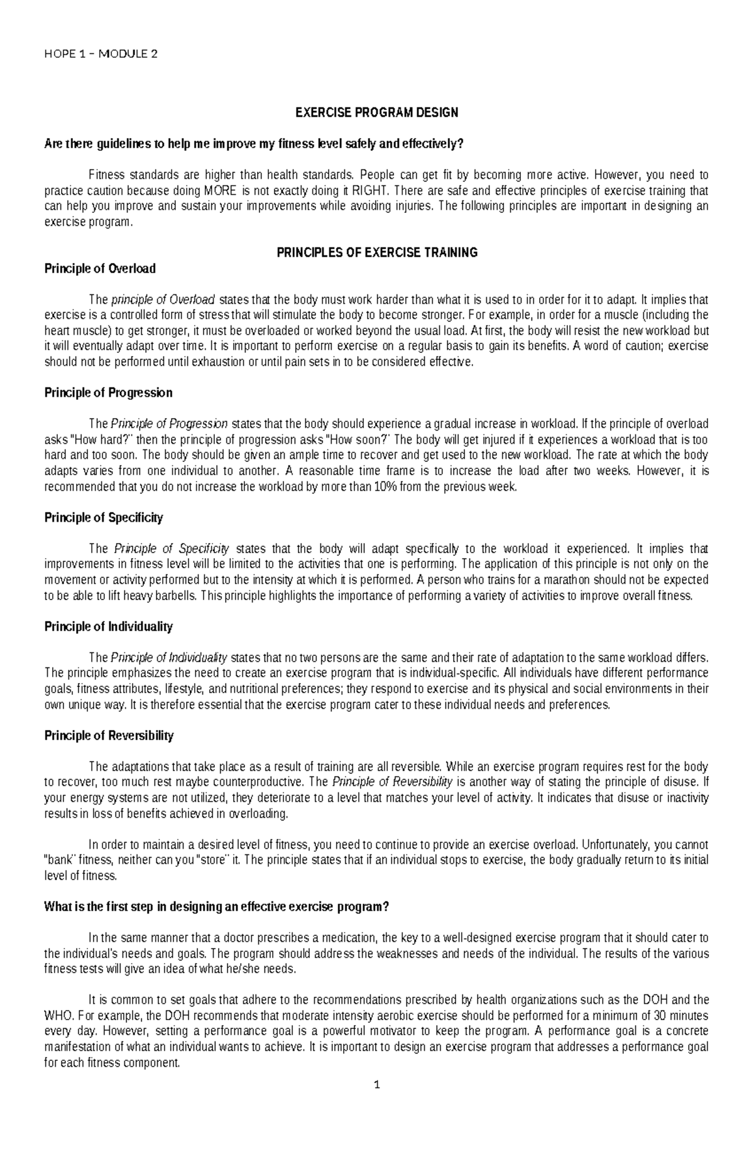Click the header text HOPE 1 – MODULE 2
pos(101,54)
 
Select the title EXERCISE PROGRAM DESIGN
pos(377,113)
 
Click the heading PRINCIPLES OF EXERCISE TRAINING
pos(377,253)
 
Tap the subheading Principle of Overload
pos(100,269)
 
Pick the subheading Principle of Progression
pos(108,393)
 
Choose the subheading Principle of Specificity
pos(104,518)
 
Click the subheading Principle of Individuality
pos(108,627)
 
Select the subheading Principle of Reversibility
pos(109,736)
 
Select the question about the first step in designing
pos(217,907)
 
